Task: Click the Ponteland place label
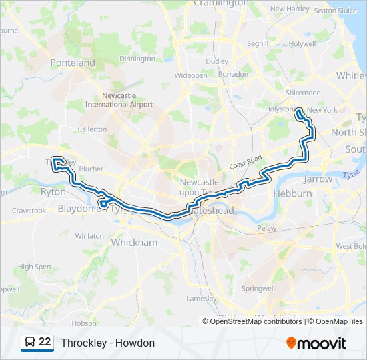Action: pyautogui.click(x=73, y=63)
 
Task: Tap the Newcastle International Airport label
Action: pyautogui.click(x=119, y=100)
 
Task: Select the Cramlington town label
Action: pyautogui.click(x=220, y=3)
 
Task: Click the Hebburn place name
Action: pyautogui.click(x=292, y=193)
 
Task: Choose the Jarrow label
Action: pyautogui.click(x=318, y=179)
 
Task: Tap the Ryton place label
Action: pyautogui.click(x=53, y=191)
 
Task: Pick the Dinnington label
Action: pyautogui.click(x=137, y=59)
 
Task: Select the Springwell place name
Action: pyautogui.click(x=258, y=289)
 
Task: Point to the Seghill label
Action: pyautogui.click(x=257, y=44)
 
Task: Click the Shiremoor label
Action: pyautogui.click(x=302, y=93)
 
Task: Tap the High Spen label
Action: pyautogui.click(x=34, y=267)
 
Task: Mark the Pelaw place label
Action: pyautogui.click(x=267, y=228)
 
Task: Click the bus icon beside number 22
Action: pyautogui.click(x=29, y=343)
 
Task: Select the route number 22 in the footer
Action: pyautogui.click(x=45, y=342)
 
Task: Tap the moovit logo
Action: pyautogui.click(x=316, y=343)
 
